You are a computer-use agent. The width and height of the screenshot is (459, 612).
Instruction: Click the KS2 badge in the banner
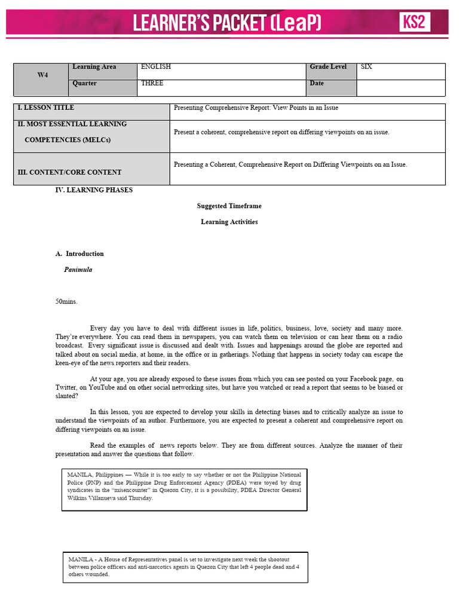(x=415, y=23)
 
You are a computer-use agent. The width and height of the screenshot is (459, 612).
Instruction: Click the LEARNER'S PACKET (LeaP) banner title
(x=227, y=23)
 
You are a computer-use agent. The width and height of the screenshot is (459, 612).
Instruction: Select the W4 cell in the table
(x=42, y=75)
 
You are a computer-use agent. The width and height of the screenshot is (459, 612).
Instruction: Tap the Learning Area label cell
(x=94, y=67)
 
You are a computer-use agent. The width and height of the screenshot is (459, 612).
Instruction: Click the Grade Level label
(x=328, y=67)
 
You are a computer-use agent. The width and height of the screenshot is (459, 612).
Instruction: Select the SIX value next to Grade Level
(x=366, y=67)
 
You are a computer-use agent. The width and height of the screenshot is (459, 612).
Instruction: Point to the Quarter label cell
(x=85, y=83)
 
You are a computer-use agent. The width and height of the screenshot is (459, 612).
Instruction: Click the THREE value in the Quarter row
(x=152, y=83)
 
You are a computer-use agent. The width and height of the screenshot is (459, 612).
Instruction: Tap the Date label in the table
(x=317, y=83)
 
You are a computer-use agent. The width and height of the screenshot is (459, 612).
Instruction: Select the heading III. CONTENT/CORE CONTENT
(x=69, y=172)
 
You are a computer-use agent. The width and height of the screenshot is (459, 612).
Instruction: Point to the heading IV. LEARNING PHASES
(x=94, y=190)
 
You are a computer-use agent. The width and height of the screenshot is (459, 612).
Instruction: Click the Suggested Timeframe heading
(x=229, y=206)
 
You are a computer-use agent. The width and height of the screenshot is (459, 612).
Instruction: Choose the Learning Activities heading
(x=229, y=222)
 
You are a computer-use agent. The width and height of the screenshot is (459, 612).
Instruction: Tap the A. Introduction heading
(x=79, y=253)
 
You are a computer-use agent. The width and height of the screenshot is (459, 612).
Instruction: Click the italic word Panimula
(x=78, y=270)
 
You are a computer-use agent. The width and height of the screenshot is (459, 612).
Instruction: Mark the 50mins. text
(x=66, y=302)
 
